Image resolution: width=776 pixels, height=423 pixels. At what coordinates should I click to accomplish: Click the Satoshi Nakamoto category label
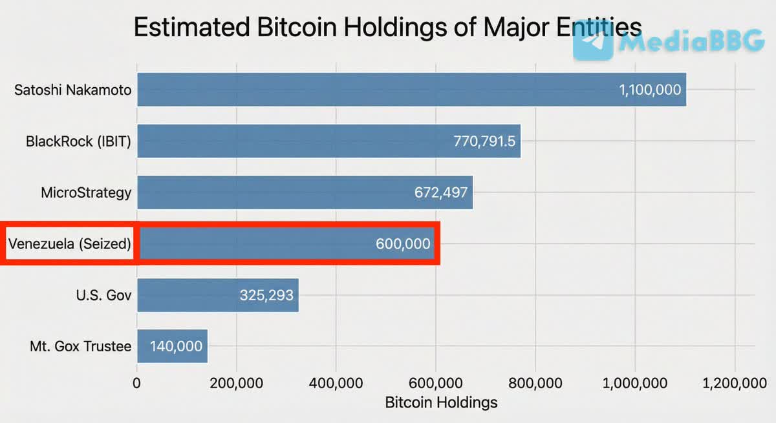pos(72,89)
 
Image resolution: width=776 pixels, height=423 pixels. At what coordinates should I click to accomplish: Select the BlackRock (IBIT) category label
pos(78,141)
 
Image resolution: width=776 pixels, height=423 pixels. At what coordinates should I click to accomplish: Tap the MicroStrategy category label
pos(85,192)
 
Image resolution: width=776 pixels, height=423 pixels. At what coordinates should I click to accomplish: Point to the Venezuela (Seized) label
pos(70,244)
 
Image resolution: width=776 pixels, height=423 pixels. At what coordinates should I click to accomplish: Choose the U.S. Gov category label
pos(103,296)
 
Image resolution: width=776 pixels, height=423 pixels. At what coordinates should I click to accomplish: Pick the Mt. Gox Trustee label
pos(80,347)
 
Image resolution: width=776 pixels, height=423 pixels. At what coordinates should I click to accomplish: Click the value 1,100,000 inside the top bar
pos(650,90)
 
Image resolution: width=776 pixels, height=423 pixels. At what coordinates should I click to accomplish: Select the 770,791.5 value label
pos(484,141)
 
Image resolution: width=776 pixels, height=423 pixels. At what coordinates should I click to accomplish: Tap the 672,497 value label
pos(441,192)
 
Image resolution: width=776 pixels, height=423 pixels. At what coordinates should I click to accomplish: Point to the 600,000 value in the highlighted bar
pos(403,244)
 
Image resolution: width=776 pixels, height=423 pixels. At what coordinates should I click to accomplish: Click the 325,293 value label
pos(266,296)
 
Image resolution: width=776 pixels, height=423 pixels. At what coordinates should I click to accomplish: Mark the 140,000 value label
pos(176,347)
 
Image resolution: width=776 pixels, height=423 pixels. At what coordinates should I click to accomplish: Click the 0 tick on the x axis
pos(136,383)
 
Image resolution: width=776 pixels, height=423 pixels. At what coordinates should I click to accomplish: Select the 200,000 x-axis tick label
pos(236,383)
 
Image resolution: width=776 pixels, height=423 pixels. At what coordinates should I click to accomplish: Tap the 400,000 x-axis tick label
pos(336,383)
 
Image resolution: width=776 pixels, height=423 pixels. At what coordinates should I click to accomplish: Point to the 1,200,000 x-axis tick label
pos(734,383)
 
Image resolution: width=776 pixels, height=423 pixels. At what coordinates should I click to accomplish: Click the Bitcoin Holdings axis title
pos(441,403)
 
